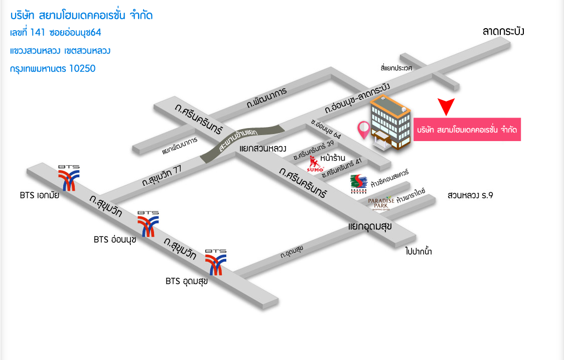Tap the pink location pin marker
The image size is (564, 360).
[x=363, y=130]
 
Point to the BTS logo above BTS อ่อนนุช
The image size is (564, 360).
[x=149, y=223]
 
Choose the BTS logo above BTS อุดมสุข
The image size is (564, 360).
[x=216, y=262]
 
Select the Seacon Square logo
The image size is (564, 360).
[x=359, y=184]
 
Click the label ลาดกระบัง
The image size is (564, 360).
[x=503, y=32]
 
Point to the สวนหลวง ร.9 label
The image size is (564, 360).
[x=470, y=195]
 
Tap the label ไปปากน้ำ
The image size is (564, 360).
[x=418, y=252]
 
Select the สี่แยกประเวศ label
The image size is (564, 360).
[x=396, y=67]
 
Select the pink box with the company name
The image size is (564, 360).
[x=467, y=130]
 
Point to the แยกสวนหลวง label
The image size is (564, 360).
[x=262, y=149]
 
